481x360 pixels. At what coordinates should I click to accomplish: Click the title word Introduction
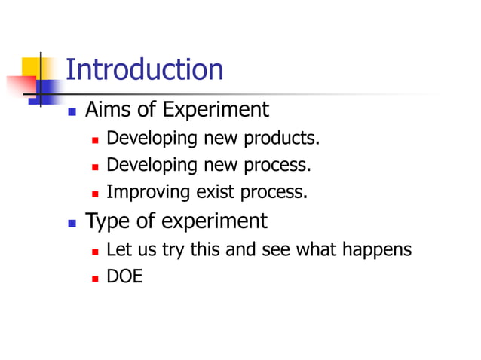click(x=145, y=70)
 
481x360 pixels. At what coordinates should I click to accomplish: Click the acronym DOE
click(x=124, y=276)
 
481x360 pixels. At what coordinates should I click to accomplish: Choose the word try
click(x=172, y=250)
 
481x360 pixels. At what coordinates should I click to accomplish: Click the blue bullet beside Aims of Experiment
click(x=72, y=111)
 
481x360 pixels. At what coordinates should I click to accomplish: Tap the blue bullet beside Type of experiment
click(x=72, y=223)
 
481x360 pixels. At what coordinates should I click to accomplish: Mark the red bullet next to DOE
click(x=95, y=278)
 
